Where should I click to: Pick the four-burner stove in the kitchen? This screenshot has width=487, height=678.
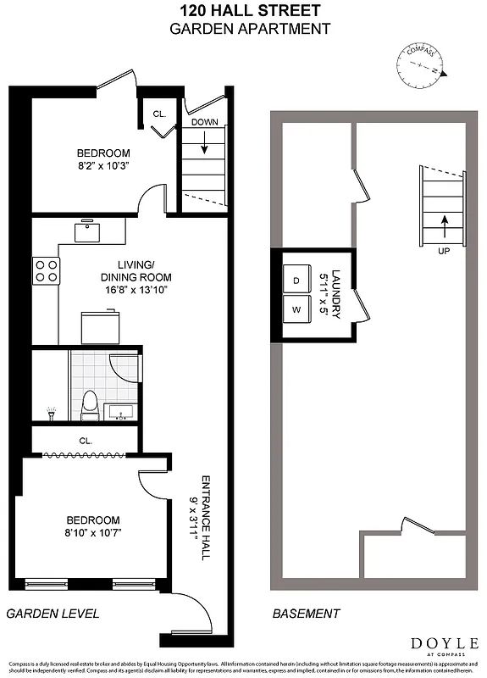pos(46,270)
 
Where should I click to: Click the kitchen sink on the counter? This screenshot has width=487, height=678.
pos(87,230)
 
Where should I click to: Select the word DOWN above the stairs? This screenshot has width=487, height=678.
pos(204,122)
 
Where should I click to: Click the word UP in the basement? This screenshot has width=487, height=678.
pos(443,252)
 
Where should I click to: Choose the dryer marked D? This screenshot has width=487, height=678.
pos(296,279)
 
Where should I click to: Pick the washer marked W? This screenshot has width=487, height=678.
pos(296,310)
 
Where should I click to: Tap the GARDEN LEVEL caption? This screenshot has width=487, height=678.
pos(53,613)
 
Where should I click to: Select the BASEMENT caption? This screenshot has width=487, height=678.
pos(306,613)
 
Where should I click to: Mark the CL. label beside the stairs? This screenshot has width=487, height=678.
pos(159,114)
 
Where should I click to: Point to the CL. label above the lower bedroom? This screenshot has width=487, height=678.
pos(86,441)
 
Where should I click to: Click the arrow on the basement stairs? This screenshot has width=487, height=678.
pos(443,225)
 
